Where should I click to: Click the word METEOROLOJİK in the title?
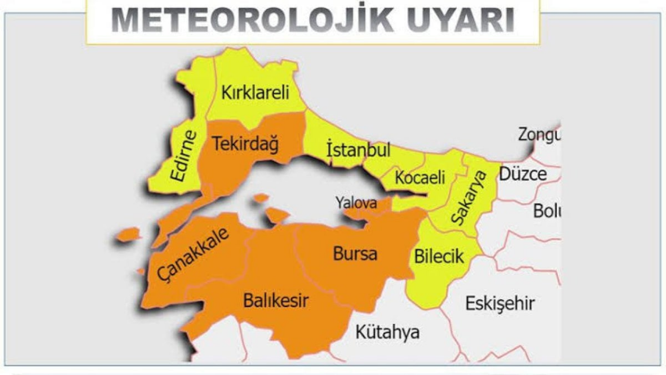coord(245,20)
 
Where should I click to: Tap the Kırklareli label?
coord(255,94)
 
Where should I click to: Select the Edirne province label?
coord(185,156)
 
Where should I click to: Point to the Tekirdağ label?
coord(246,144)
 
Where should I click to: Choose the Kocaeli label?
coord(420,178)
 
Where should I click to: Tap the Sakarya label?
coord(467,198)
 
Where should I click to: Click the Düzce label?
coord(523,174)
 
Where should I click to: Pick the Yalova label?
coord(356,202)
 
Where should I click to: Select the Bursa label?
coord(355,254)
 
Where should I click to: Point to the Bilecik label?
coord(439,256)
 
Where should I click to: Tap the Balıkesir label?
coord(276,301)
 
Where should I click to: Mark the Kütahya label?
coord(387,332)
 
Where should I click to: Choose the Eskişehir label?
coord(499,303)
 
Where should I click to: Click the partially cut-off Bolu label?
coord(545,211)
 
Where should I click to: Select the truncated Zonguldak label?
coord(539,134)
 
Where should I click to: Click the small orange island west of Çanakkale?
coord(128,234)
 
